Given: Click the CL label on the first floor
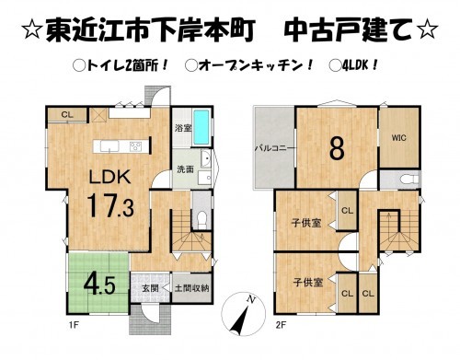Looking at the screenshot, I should (x=66, y=114).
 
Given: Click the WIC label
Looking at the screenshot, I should (x=398, y=138).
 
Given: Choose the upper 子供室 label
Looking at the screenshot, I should (x=307, y=223).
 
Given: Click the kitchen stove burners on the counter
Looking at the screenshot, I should (x=135, y=145).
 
